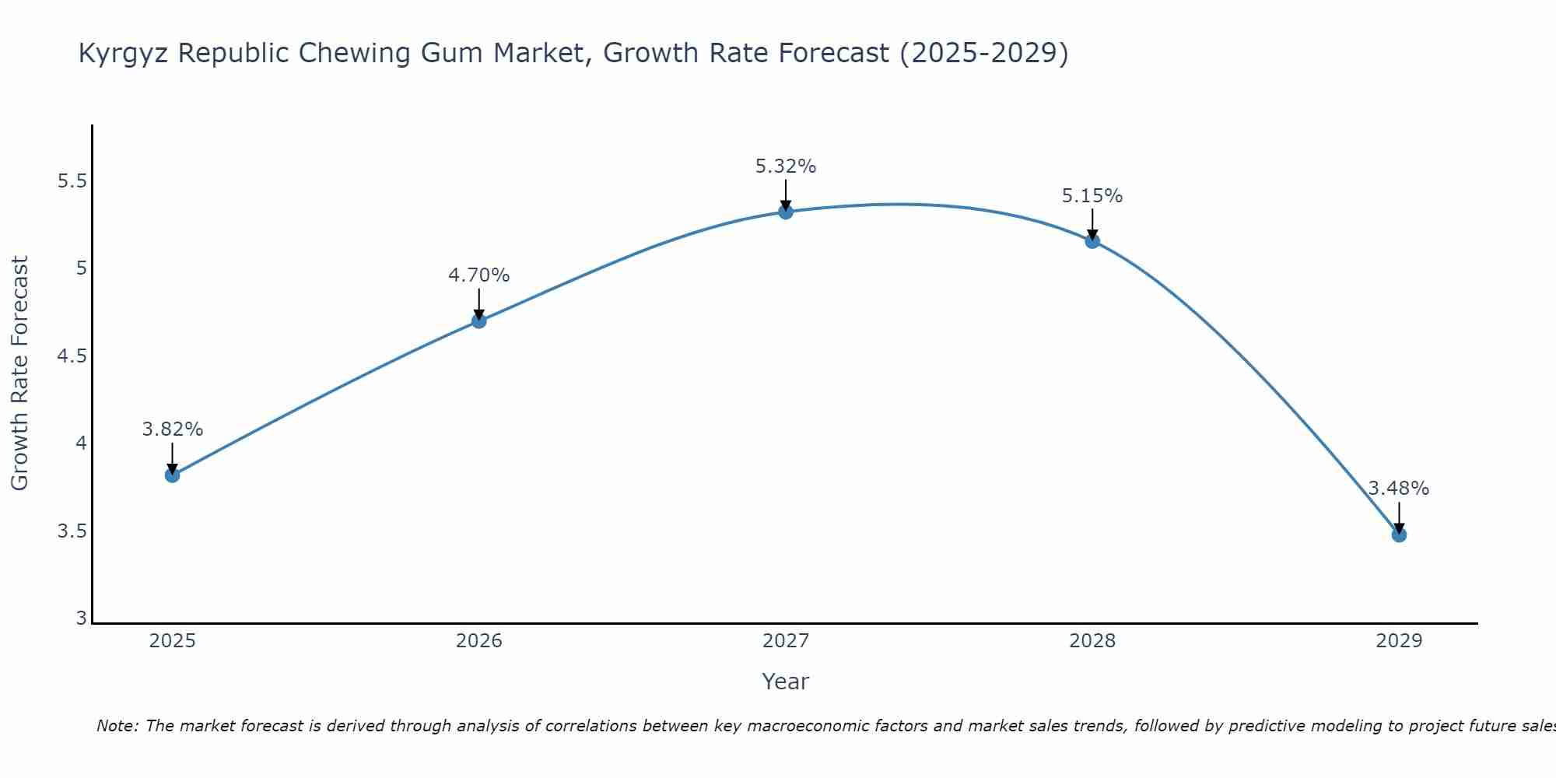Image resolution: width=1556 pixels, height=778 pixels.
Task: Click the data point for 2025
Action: click(x=173, y=475)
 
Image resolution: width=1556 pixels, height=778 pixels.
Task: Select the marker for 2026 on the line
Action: click(x=479, y=321)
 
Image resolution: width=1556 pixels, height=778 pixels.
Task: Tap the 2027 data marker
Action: click(x=786, y=212)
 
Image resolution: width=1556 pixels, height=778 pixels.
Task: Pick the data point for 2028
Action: click(x=1092, y=241)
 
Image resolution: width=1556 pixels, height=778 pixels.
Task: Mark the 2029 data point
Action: click(x=1399, y=534)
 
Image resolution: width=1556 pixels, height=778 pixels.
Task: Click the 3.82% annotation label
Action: click(x=173, y=429)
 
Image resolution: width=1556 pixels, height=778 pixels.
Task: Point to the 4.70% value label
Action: click(x=479, y=275)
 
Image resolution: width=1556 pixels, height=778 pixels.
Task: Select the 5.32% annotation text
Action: click(x=786, y=166)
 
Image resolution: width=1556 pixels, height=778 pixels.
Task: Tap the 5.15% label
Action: click(x=1092, y=196)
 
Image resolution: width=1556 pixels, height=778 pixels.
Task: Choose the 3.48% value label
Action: click(x=1399, y=489)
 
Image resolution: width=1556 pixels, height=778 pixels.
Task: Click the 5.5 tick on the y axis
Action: click(x=72, y=181)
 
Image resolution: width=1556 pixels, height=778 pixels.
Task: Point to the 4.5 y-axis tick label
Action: click(x=72, y=356)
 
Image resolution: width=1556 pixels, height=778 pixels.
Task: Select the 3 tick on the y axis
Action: click(x=81, y=619)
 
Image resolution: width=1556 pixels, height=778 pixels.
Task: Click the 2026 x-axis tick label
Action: click(x=479, y=641)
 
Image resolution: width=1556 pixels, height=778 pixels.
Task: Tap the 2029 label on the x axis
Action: click(x=1399, y=641)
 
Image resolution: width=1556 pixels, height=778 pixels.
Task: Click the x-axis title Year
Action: click(x=786, y=682)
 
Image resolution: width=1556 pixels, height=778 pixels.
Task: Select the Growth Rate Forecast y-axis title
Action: click(x=20, y=373)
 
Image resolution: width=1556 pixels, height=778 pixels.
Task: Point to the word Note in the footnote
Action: click(x=117, y=726)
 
